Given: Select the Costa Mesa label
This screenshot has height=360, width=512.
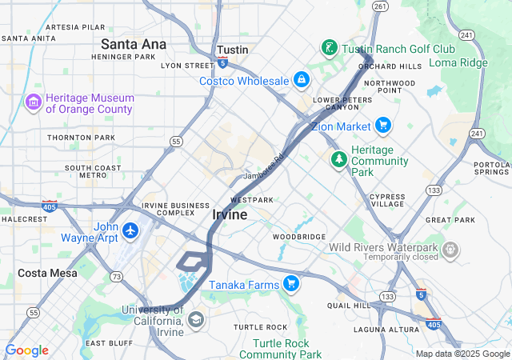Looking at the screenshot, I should coord(47,273).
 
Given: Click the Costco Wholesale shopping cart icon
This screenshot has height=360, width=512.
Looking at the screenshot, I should coord(302,81).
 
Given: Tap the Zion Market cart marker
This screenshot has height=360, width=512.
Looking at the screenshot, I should coord(383,126).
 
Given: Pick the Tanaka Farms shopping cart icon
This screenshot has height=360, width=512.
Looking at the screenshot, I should coord(290,284).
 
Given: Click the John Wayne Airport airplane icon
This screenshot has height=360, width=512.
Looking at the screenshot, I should coord(130,231).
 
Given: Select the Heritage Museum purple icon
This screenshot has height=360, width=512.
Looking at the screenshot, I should coord(33,102).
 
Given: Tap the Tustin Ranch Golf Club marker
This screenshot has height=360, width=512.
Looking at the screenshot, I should coord(329,49).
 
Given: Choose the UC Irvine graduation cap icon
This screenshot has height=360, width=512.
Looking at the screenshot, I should coord(195,321).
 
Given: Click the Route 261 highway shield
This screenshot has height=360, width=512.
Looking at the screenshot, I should coord(380,6).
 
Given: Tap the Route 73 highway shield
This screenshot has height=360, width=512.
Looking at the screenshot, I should coord(117,276).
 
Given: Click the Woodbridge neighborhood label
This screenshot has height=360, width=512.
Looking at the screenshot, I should coord(298,237).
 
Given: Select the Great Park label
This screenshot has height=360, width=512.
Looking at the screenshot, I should coord(450,220).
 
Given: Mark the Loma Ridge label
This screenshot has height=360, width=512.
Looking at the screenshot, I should coord(458,62).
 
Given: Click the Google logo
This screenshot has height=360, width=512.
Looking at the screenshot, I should coord(26,350).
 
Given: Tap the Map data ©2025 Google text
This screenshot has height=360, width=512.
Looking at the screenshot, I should coord(462,354).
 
